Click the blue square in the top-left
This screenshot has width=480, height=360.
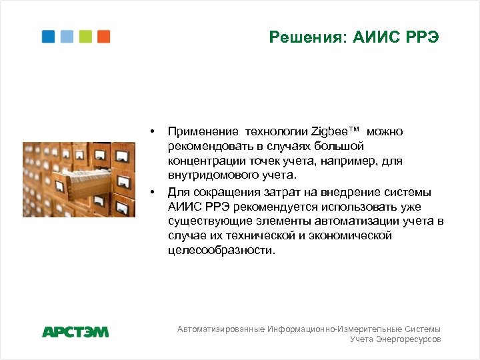pos(49,36)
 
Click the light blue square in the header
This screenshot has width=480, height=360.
pos(67,36)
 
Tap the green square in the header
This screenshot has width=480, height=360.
pos(85,36)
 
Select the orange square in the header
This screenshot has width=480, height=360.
pos(103,36)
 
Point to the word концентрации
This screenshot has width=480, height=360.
pos(203,161)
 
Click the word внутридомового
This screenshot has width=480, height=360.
pos(211,175)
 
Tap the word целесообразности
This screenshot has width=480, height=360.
pos(221,250)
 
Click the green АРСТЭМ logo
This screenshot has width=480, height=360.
pos(75,331)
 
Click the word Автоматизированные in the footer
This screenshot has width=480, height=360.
pos(221,329)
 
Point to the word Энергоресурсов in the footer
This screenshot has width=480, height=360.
pos(409,339)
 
